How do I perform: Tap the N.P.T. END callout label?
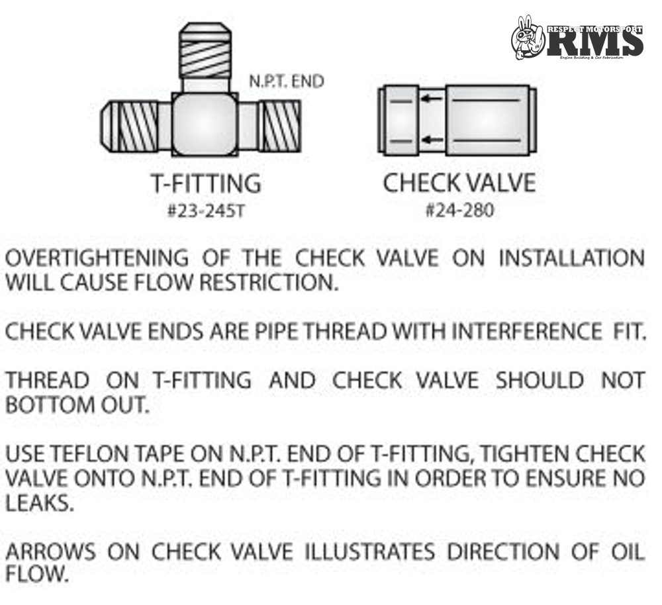pos(286,81)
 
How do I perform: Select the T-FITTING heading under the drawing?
pos(205,183)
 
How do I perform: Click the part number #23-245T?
pos(205,211)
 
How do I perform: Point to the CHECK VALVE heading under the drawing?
pos(459,183)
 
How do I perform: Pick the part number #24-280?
pos(459,211)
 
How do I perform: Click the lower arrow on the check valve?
pos(433,139)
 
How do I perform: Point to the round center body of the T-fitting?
pos(206,124)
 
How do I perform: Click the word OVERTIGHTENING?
pos(96,258)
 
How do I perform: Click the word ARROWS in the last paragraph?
pos(50,551)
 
